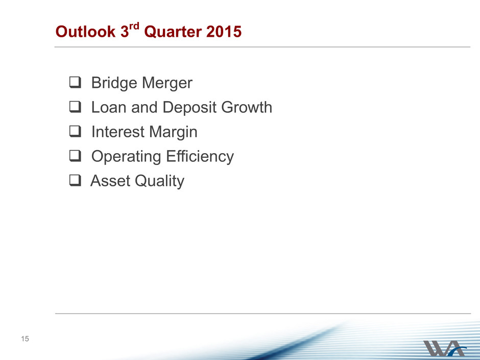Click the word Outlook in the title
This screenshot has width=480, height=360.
coord(85,32)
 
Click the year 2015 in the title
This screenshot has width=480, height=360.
coord(224,32)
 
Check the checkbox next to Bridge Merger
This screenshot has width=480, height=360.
coord(75,82)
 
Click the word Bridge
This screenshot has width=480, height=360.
coord(114,83)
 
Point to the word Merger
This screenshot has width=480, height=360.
coord(167,83)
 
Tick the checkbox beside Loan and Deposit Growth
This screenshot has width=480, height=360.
coord(75,107)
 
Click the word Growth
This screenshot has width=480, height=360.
coord(247,107)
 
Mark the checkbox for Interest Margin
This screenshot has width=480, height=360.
coord(75,131)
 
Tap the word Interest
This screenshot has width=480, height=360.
coord(118,132)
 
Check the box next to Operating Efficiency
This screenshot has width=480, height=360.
coord(75,156)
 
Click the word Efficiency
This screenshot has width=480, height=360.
coord(200,157)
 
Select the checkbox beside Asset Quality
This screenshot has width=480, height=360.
coord(75,180)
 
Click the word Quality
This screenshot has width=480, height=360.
coord(159,181)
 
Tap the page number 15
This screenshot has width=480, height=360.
coord(25,339)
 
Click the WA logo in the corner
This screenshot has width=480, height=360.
coord(445,348)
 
